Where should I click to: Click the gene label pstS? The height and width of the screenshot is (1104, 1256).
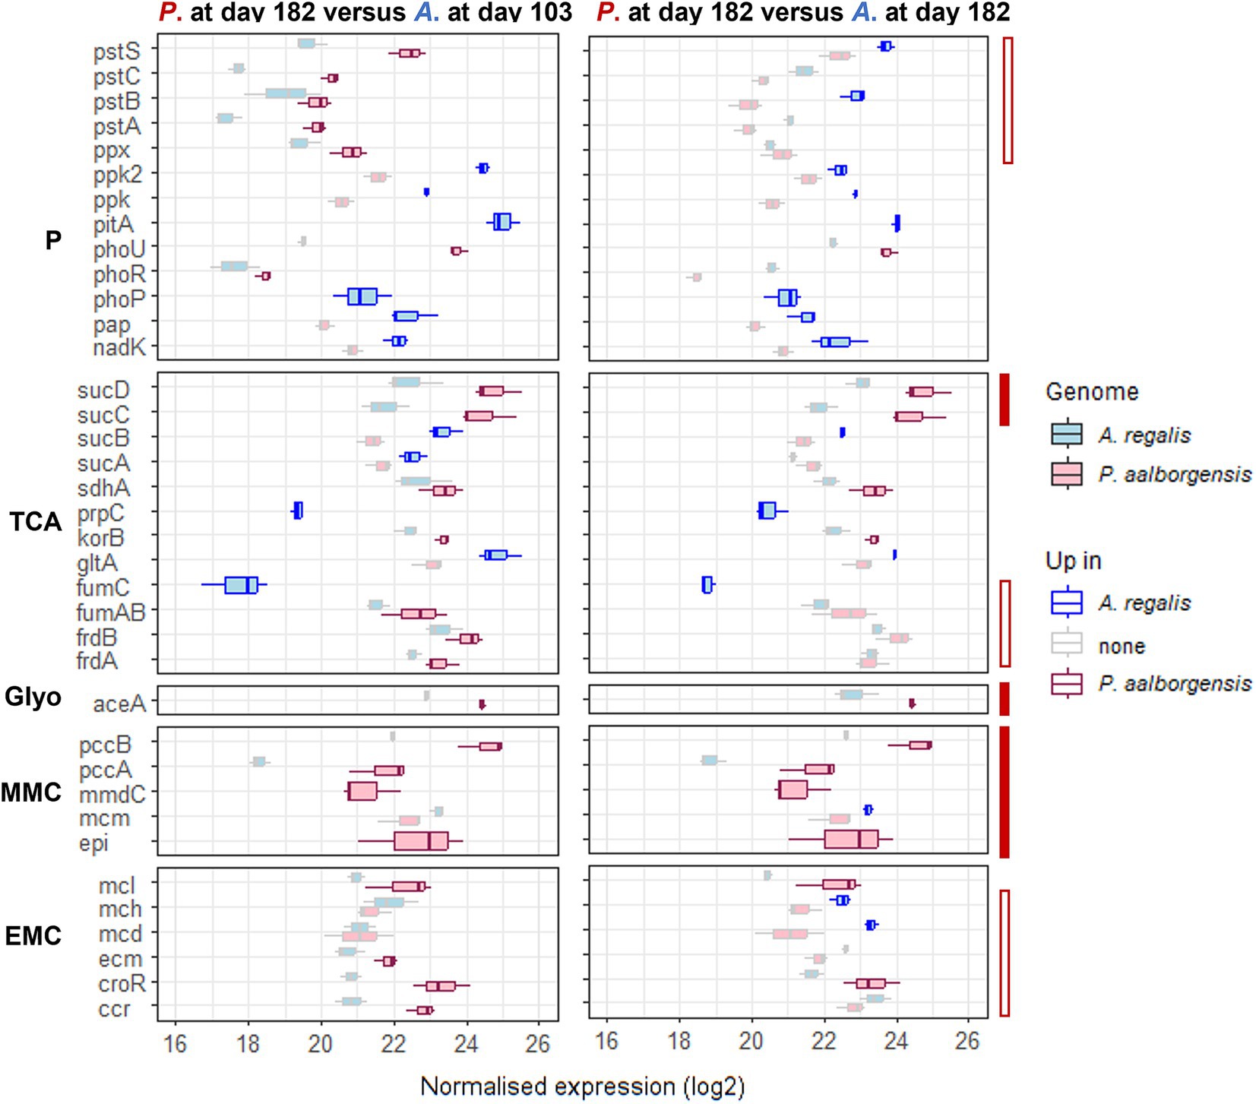tap(116, 52)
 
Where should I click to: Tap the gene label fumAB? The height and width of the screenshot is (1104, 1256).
tap(110, 612)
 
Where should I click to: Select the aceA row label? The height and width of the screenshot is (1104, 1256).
tap(119, 704)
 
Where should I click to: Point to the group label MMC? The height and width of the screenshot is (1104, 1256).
tap(31, 792)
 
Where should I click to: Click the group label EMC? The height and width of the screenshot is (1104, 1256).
tap(33, 935)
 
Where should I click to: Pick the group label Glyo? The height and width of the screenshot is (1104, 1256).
tap(33, 697)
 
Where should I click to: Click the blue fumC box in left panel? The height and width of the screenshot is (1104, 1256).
tap(242, 585)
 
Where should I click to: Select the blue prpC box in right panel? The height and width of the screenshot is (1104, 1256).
tap(767, 511)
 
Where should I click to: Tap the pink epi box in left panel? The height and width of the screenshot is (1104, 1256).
tap(421, 841)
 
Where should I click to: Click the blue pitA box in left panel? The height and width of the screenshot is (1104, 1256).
tap(502, 222)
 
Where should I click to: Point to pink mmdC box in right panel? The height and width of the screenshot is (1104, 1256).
tap(792, 790)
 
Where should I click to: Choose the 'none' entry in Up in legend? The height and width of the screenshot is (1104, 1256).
tap(1122, 647)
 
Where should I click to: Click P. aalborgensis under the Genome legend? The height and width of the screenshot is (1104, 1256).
tap(1174, 475)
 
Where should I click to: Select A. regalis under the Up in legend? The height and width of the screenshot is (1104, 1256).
tap(1144, 603)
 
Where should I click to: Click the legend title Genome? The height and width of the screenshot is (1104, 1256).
tap(1091, 392)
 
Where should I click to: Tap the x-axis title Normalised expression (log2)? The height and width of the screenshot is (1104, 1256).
tap(582, 1087)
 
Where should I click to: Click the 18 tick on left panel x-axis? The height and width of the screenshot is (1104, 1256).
tap(248, 1043)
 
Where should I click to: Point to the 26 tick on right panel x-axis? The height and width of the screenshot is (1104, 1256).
tap(967, 1041)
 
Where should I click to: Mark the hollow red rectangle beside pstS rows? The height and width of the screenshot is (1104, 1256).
tap(1008, 100)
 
